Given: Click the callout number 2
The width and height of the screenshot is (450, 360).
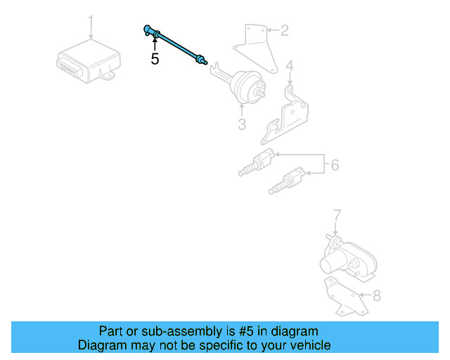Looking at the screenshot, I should tap(284, 30).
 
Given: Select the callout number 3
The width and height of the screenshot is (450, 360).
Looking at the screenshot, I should tap(241, 125).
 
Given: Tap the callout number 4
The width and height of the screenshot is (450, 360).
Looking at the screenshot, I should tap(289, 67).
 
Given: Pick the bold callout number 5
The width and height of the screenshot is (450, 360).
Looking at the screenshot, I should tap(155, 60).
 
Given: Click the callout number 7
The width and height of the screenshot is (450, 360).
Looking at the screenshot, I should tap(336, 214).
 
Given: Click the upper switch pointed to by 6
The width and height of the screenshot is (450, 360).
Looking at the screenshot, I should tap(257, 163).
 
